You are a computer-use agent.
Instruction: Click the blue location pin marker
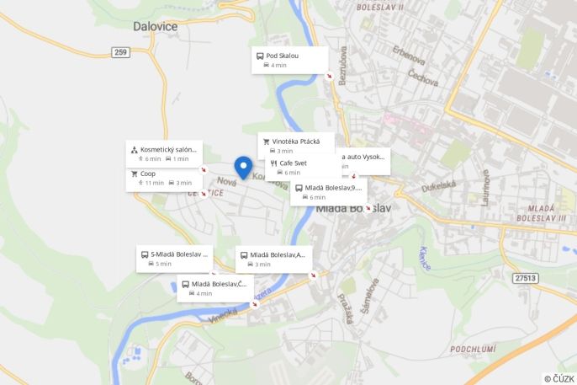[x=243, y=167]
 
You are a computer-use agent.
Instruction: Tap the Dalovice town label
[x=155, y=26]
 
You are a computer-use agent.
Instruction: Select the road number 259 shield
[x=120, y=52]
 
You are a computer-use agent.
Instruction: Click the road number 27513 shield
[x=526, y=277]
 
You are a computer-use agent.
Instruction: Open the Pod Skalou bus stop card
[x=289, y=60]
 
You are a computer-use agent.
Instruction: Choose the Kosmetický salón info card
[x=165, y=152]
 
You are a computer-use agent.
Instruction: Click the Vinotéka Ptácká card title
[x=296, y=142]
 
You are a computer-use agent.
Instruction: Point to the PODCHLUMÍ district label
[x=472, y=349]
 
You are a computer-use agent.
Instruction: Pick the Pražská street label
[x=347, y=308]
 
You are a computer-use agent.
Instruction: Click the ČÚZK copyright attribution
[x=558, y=378]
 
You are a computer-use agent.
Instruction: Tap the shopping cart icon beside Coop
[x=134, y=174]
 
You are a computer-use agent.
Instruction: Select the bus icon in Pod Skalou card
[x=260, y=56]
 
